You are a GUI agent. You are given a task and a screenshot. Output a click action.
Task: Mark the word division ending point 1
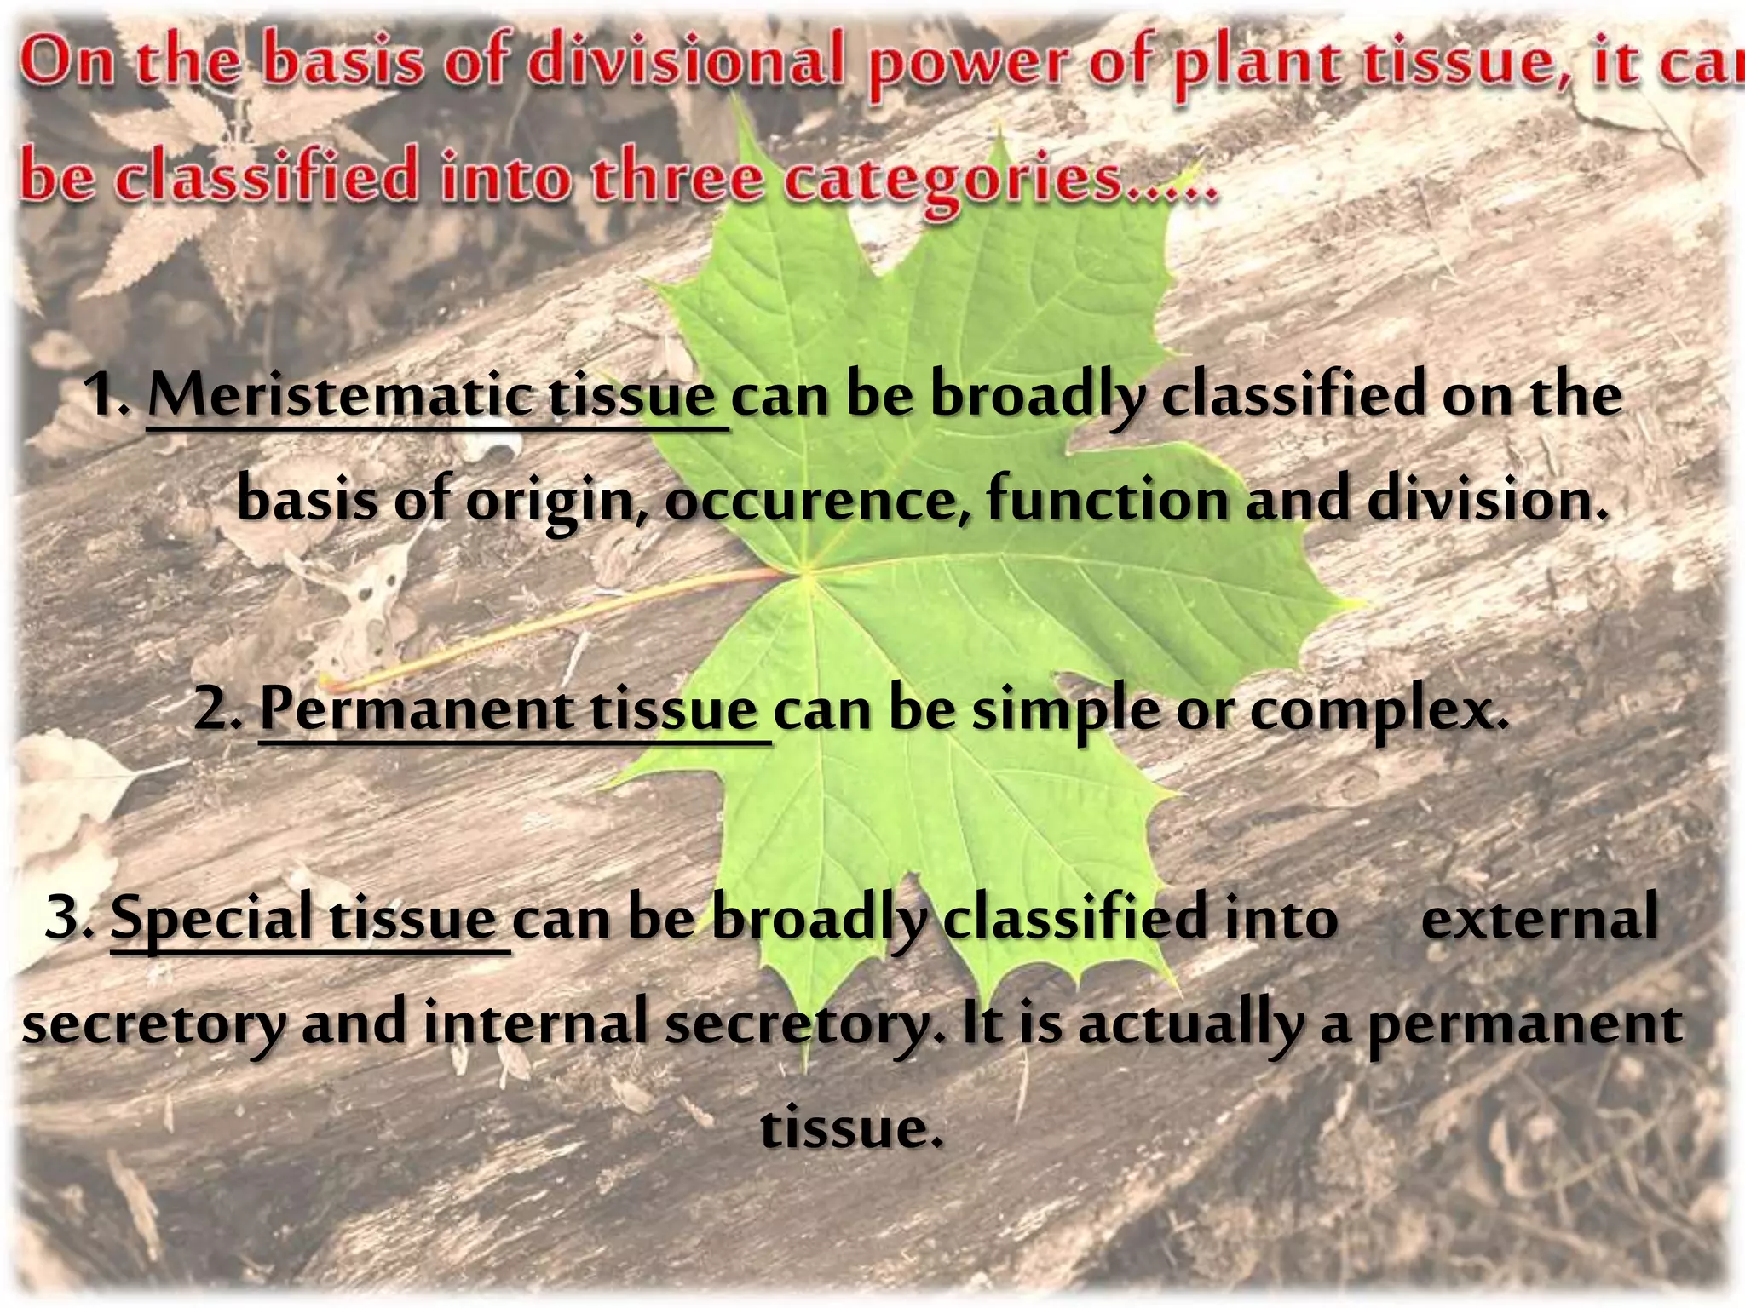coord(1487,499)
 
